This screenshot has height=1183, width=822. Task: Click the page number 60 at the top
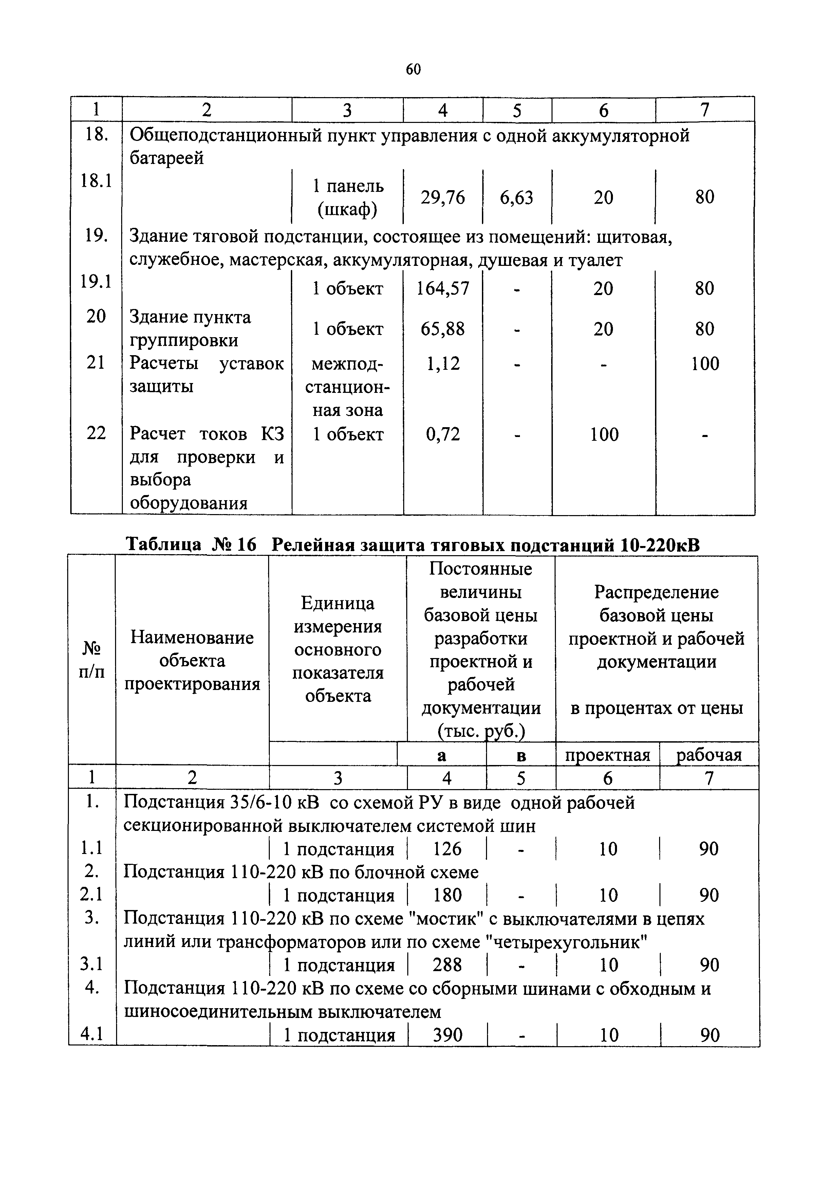tap(413, 69)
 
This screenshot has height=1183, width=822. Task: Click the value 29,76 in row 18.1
tap(443, 197)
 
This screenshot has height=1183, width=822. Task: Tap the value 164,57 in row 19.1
tap(443, 288)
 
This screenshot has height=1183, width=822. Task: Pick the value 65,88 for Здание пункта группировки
tap(443, 329)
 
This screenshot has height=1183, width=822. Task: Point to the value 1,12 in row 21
tap(443, 364)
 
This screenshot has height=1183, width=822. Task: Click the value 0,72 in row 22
tap(443, 434)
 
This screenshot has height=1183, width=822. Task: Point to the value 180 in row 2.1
tap(447, 895)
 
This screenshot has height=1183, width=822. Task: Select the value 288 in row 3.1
tap(447, 965)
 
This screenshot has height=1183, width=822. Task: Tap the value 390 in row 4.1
tap(447, 1035)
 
